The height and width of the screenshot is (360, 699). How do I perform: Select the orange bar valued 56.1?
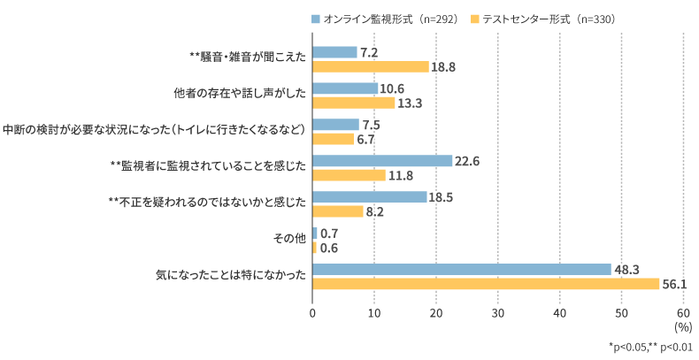pyautogui.click(x=486, y=283)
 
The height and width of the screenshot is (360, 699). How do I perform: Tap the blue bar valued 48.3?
pyautogui.click(x=462, y=269)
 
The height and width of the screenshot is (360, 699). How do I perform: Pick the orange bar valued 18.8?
pyautogui.click(x=371, y=66)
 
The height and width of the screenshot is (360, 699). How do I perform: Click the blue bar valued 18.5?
pyautogui.click(x=370, y=196)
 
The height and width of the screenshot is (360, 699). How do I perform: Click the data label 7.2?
pyautogui.click(x=370, y=53)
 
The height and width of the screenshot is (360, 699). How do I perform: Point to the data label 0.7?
pyautogui.click(x=329, y=234)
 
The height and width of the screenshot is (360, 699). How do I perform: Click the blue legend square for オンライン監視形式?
pyautogui.click(x=314, y=19)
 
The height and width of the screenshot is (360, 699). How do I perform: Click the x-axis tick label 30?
pyautogui.click(x=498, y=312)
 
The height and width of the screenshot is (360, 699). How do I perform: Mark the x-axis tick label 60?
pyautogui.click(x=683, y=312)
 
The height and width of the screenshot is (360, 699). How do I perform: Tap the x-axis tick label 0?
pyautogui.click(x=312, y=312)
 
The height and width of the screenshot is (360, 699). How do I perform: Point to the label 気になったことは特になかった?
pyautogui.click(x=231, y=276)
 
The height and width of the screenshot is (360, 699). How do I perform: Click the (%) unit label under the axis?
pyautogui.click(x=683, y=326)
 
